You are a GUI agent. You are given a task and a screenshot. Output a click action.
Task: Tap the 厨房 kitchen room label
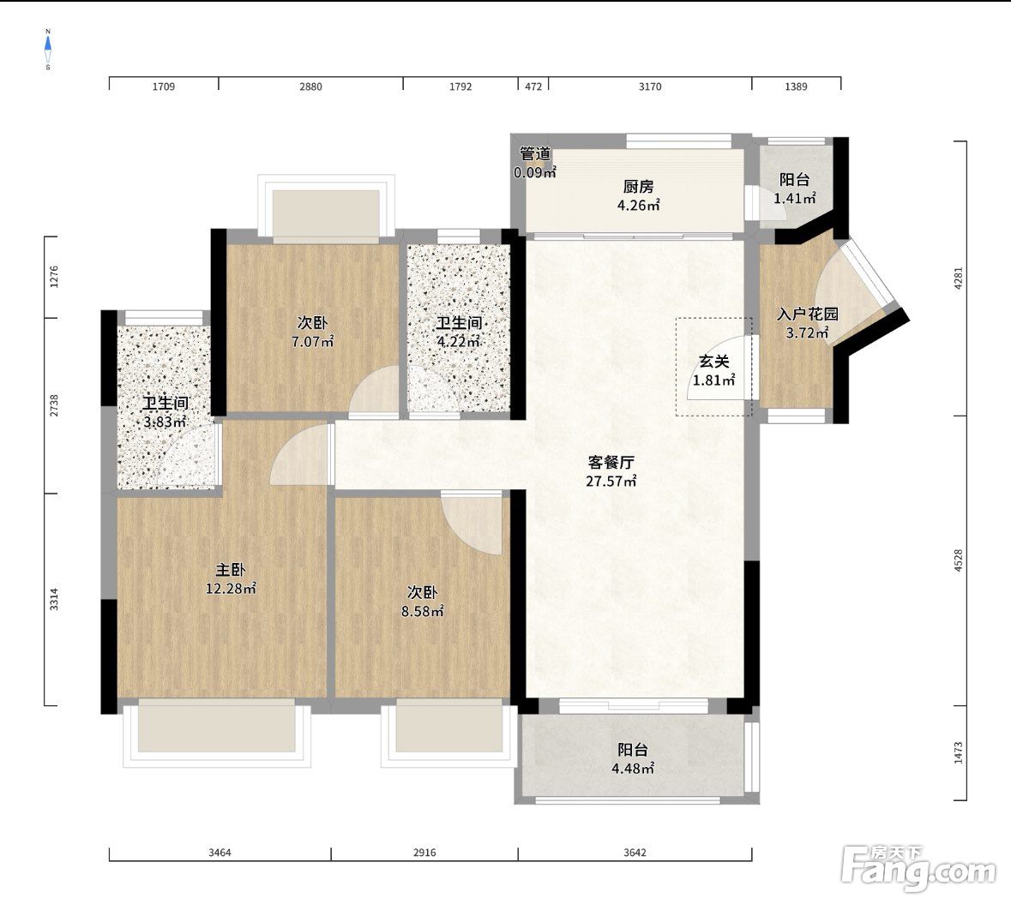(x=638, y=187)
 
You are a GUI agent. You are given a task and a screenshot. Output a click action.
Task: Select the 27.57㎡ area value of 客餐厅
(x=611, y=482)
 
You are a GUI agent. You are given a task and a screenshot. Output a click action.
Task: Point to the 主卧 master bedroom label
(x=230, y=570)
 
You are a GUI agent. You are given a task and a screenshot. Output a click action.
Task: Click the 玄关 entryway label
(x=713, y=362)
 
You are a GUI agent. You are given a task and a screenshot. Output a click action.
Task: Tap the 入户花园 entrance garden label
(x=807, y=314)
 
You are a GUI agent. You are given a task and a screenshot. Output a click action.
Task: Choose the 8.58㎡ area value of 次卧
(x=423, y=612)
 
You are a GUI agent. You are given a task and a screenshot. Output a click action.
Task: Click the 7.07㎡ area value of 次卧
(x=313, y=342)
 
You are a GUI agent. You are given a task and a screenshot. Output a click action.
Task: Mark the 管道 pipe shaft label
(x=535, y=154)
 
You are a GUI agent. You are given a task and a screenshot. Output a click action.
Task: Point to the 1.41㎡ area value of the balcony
(x=795, y=199)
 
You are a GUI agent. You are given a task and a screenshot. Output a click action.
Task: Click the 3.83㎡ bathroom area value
(x=165, y=422)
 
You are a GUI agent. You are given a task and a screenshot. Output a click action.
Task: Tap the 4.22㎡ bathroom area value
(x=459, y=342)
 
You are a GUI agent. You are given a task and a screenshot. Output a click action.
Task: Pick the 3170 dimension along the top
(x=650, y=87)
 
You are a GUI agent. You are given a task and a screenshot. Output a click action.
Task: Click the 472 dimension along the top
(x=533, y=87)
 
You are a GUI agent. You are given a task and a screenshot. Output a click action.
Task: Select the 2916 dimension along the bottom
(x=424, y=853)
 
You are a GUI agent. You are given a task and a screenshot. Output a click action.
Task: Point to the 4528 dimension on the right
(x=958, y=560)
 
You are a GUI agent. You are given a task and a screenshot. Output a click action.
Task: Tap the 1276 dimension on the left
(x=54, y=277)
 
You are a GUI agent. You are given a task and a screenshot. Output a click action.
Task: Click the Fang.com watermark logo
(x=918, y=870)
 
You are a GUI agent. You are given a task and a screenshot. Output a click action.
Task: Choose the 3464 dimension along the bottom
(x=220, y=853)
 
